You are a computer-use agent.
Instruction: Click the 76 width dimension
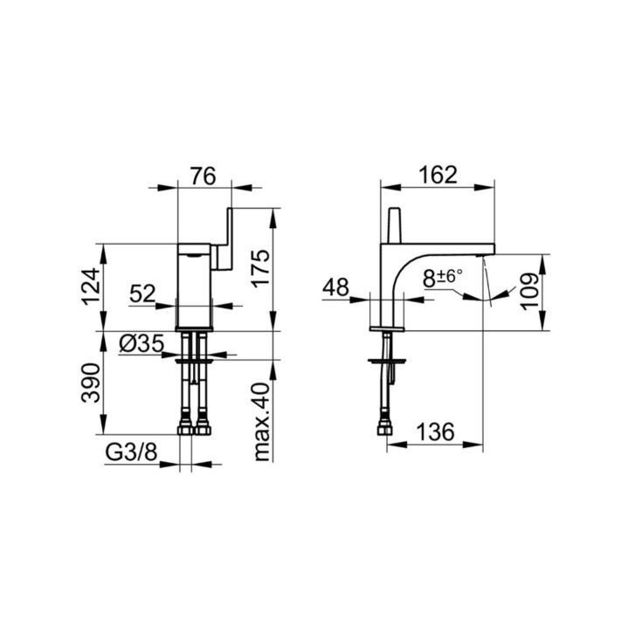click(x=204, y=176)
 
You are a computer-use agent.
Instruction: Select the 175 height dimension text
click(x=260, y=268)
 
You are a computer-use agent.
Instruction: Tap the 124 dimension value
click(x=90, y=286)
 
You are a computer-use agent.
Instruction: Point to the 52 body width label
click(x=142, y=293)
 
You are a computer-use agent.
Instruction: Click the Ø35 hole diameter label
click(x=141, y=344)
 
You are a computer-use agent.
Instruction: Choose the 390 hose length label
click(x=90, y=383)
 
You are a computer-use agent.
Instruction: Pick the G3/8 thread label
click(x=131, y=453)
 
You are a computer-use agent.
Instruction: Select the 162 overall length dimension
click(x=438, y=175)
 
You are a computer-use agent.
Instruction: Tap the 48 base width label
click(x=335, y=287)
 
